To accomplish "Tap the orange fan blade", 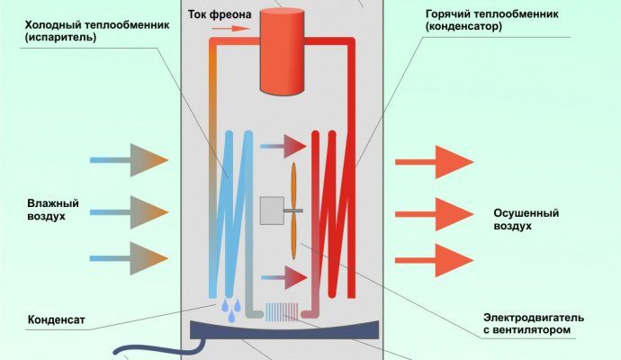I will [x=294, y=211].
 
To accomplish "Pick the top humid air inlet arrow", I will [x=130, y=160].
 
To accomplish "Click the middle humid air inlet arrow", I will [x=130, y=211].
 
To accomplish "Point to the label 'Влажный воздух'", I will [x=46, y=211].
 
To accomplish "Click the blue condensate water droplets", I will [x=231, y=310].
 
